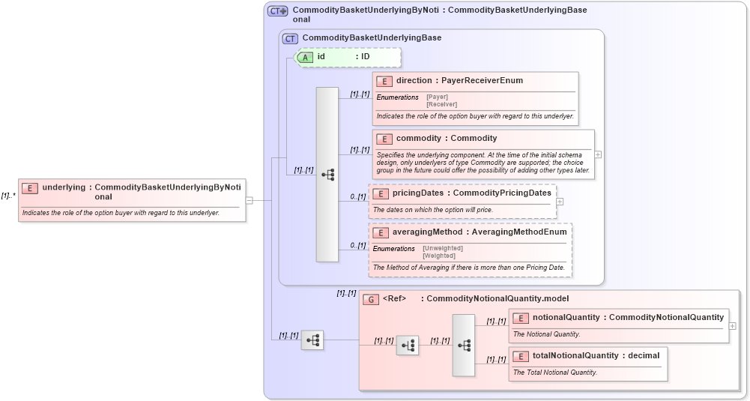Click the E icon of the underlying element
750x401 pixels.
30,187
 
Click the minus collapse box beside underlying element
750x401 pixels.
249,200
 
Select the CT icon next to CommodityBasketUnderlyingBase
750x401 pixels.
290,38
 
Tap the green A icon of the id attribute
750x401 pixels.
305,57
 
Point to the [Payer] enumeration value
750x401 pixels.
438,97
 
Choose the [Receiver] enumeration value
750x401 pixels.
441,104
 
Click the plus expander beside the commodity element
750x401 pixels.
598,154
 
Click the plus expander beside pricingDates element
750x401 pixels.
560,202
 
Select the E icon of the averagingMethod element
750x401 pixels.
381,232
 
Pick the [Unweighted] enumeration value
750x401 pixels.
443,248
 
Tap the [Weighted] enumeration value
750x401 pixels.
439,256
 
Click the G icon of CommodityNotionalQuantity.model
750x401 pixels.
370,299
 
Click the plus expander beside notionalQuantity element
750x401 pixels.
732,326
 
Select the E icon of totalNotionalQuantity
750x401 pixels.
521,356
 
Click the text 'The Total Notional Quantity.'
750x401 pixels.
555,373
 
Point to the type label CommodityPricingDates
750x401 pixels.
502,193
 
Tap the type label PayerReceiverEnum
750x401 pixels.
482,81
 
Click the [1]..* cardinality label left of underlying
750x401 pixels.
8,196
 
